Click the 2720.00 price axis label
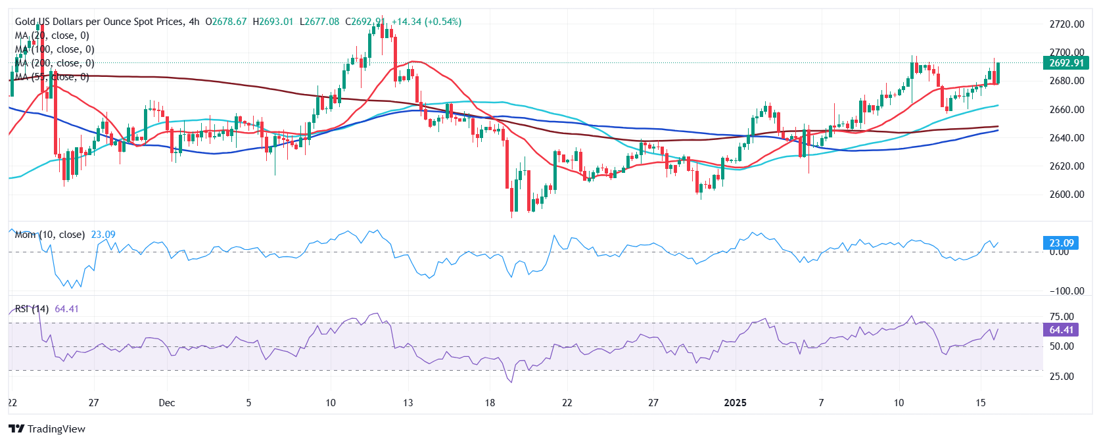click(1066, 24)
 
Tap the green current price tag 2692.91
click(1066, 63)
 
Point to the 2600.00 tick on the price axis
click(1066, 195)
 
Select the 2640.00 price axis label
click(1066, 138)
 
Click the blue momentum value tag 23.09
click(1061, 243)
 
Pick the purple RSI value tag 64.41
click(1061, 331)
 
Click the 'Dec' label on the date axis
click(167, 403)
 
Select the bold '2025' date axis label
click(735, 403)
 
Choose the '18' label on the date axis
click(490, 403)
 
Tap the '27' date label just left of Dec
click(93, 403)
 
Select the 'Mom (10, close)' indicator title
click(50, 235)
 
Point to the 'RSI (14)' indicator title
click(32, 309)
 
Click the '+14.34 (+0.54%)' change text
click(427, 22)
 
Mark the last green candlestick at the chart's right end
click(998, 73)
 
